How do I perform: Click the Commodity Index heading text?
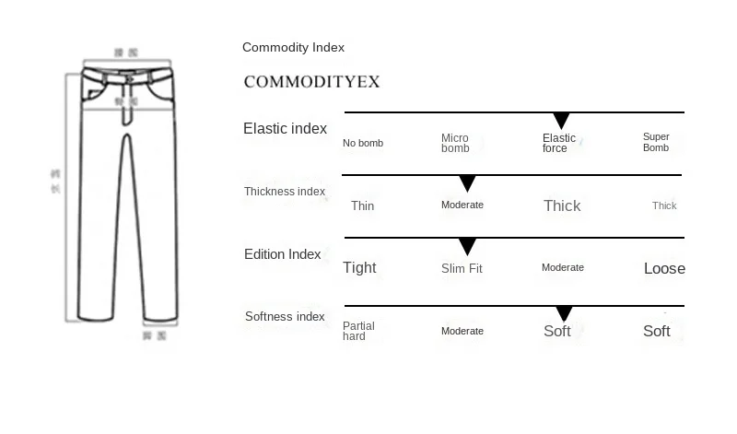click(x=293, y=48)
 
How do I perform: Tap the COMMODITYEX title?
click(x=311, y=82)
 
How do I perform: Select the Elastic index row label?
click(x=285, y=129)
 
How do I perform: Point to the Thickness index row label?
click(x=285, y=192)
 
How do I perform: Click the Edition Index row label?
click(x=283, y=254)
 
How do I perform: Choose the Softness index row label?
click(x=285, y=317)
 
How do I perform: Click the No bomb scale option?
click(x=363, y=143)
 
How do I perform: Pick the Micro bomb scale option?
click(x=455, y=143)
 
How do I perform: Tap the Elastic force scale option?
click(x=558, y=143)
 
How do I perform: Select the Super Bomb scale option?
click(x=656, y=142)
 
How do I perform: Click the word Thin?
click(x=362, y=205)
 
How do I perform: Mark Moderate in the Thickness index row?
click(x=462, y=205)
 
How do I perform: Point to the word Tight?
click(x=359, y=268)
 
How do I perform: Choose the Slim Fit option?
click(x=462, y=268)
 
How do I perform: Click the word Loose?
click(x=664, y=269)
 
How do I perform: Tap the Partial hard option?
click(x=358, y=331)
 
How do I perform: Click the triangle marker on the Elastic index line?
click(x=561, y=121)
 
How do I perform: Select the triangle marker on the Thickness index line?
click(x=467, y=183)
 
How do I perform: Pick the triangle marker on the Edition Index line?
click(x=467, y=246)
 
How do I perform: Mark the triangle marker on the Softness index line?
click(x=564, y=314)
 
